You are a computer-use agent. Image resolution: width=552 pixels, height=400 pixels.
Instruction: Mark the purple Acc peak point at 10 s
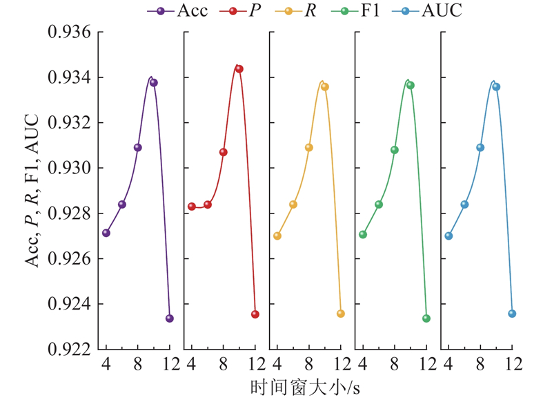point(153,83)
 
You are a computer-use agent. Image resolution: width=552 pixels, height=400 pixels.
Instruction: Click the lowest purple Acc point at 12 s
point(169,318)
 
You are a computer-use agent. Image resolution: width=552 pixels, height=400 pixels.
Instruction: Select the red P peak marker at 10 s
point(239,69)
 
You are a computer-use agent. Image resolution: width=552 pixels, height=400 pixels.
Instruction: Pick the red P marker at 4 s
point(192,207)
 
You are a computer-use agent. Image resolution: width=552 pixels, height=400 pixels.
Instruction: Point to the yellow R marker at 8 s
point(308,147)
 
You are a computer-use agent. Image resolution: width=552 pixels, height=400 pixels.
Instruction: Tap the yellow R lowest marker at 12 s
point(340,314)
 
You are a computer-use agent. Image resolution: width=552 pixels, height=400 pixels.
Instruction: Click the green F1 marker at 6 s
point(379,204)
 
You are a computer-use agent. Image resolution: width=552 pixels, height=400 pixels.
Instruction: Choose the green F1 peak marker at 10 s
point(410,85)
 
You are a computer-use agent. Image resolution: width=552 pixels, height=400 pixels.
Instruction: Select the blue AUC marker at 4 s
point(448,236)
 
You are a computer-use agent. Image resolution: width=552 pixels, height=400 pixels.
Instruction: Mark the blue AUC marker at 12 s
point(512,314)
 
